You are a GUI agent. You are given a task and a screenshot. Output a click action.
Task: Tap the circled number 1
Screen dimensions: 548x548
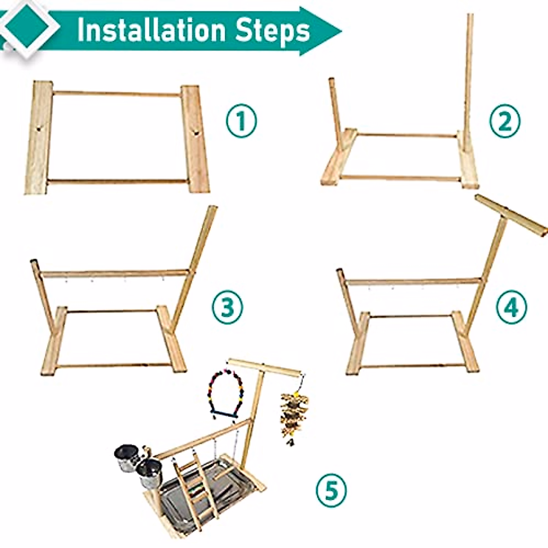[x=242, y=122]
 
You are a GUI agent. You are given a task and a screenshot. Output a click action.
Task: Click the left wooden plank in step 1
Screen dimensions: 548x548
[x=39, y=137]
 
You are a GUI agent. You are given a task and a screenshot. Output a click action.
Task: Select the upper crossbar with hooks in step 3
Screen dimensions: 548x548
[x=114, y=274]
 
